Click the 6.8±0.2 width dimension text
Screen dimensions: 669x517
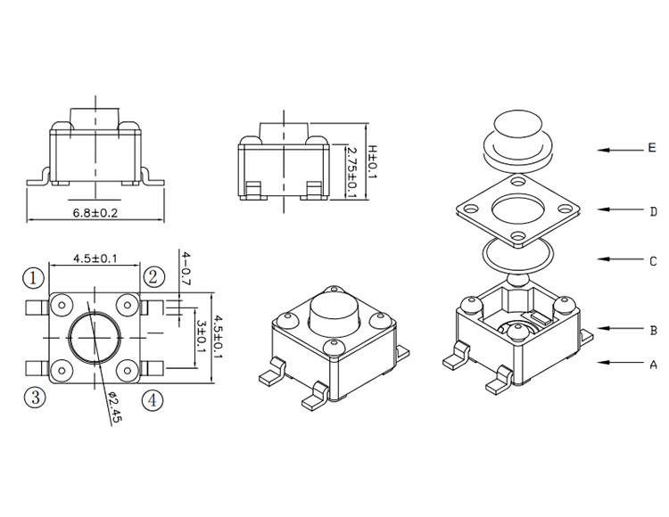(x=95, y=212)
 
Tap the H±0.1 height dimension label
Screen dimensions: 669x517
(x=373, y=162)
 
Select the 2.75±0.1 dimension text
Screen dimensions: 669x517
(x=352, y=172)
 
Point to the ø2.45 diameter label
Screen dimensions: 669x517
(x=114, y=406)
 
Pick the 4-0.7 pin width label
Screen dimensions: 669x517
(x=186, y=268)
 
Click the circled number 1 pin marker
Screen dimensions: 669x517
(x=33, y=278)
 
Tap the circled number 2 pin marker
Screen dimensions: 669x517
(x=153, y=277)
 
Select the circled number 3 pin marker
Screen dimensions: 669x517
(x=35, y=398)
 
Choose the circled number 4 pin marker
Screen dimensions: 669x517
(x=153, y=400)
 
